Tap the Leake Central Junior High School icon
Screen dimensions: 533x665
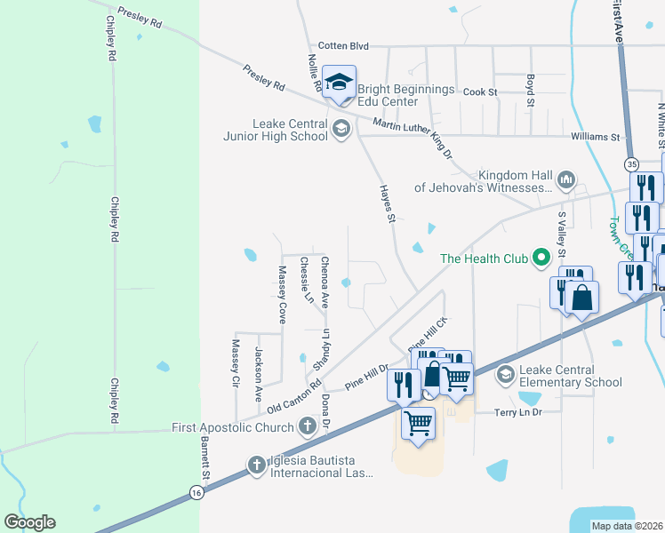click(x=340, y=130)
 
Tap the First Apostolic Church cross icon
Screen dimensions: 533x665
click(x=308, y=427)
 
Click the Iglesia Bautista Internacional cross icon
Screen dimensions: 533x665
click(x=256, y=464)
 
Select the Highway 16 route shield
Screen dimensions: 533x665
click(x=196, y=492)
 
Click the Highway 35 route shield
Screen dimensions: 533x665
click(x=631, y=164)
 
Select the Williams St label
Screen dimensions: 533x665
click(x=595, y=137)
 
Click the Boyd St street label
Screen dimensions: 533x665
click(x=529, y=91)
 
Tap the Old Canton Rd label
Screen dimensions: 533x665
click(x=294, y=396)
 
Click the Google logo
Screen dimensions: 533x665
click(x=29, y=522)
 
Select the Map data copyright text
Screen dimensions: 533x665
click(x=626, y=526)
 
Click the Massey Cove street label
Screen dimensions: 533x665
click(x=282, y=294)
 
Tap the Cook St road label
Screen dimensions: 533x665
click(x=479, y=91)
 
